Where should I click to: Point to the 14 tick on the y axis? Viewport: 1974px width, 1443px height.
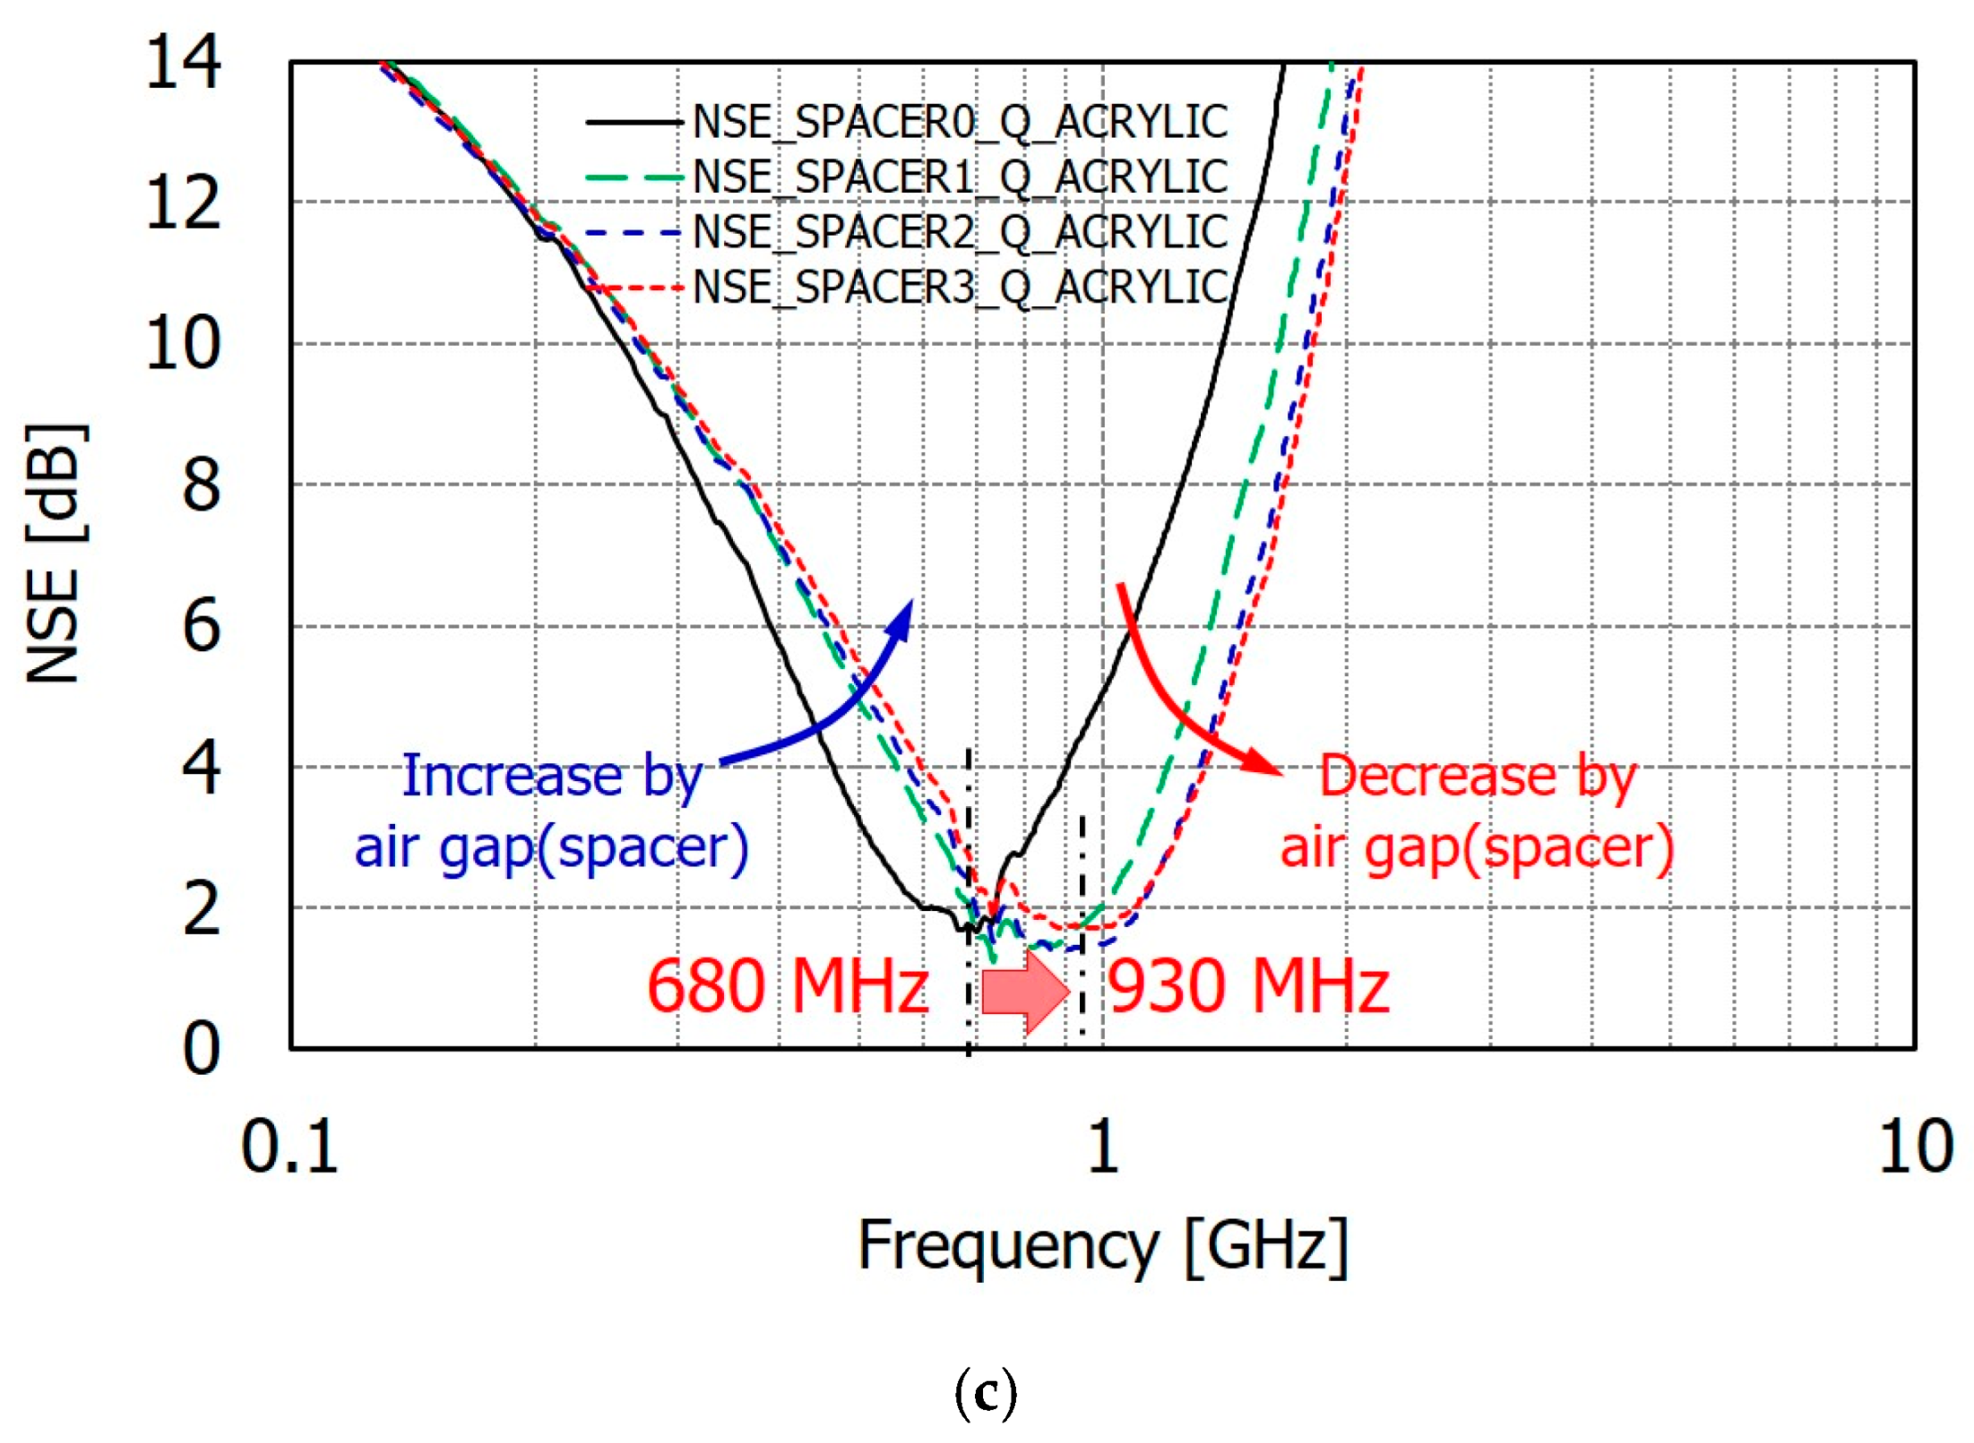(183, 63)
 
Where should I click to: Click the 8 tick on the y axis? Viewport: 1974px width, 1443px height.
(201, 485)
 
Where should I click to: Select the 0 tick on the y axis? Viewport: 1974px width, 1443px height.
(201, 1048)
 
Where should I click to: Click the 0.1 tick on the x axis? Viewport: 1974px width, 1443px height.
(289, 1147)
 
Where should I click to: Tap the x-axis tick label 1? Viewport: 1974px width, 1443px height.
(1102, 1147)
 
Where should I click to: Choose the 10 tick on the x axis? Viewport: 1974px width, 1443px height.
(1916, 1147)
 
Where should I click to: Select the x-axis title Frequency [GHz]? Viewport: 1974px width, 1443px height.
(1102, 1246)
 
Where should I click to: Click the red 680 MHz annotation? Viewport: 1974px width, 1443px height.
(787, 986)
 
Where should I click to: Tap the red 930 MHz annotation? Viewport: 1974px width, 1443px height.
(1248, 986)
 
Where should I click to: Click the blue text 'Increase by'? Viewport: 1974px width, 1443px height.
(551, 776)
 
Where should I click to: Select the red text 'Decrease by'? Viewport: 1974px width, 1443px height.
(1478, 776)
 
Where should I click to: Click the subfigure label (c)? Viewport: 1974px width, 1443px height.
(986, 1393)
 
